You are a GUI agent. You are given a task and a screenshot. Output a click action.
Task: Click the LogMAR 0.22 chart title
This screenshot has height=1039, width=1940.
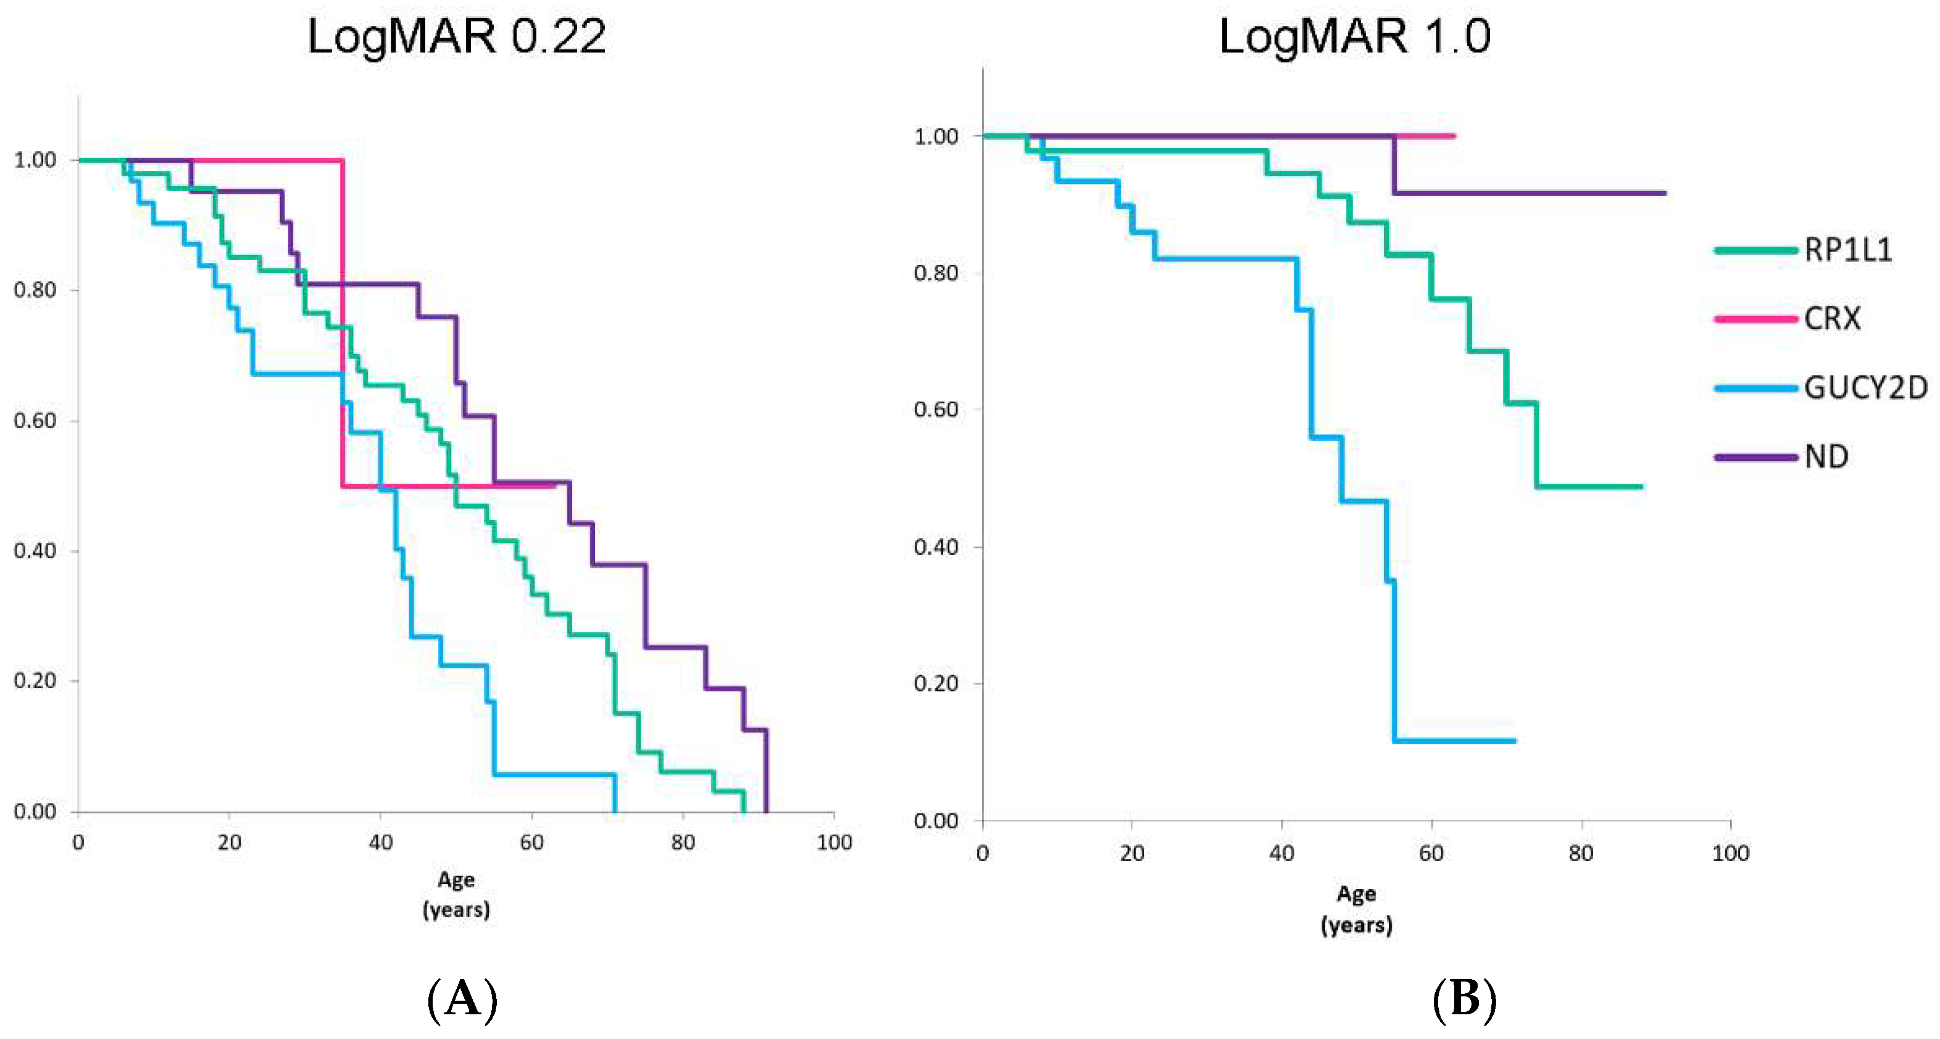456,36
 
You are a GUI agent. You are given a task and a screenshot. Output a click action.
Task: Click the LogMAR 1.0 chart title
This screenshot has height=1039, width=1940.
1354,36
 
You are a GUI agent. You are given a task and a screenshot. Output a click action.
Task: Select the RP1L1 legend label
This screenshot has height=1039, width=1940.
1847,250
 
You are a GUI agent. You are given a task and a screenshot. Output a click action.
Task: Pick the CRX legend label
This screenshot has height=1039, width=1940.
1831,319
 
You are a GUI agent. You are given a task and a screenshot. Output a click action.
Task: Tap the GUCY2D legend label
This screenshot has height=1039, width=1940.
1865,388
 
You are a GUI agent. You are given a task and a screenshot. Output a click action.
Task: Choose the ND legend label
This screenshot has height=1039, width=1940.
1826,456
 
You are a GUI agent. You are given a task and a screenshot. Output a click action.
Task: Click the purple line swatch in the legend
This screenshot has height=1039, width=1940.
1755,456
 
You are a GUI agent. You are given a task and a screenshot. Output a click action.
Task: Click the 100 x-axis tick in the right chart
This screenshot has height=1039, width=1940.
1731,854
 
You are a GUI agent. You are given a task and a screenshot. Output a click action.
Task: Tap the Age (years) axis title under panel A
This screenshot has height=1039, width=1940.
456,894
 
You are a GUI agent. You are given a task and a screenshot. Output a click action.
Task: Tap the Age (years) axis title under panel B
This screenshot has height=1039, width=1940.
1355,909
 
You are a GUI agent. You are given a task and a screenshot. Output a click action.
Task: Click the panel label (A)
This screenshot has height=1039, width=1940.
462,1000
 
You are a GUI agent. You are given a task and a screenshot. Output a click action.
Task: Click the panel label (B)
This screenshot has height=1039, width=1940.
1463,1000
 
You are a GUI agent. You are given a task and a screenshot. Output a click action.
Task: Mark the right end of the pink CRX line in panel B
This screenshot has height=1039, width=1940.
1454,137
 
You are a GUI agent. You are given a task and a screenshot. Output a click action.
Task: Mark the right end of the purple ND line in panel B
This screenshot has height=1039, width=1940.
1663,193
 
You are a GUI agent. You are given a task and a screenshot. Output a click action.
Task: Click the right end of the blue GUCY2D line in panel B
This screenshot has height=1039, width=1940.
1513,741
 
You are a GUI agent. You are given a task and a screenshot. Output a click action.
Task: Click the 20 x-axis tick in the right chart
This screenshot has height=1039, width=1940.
1131,854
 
